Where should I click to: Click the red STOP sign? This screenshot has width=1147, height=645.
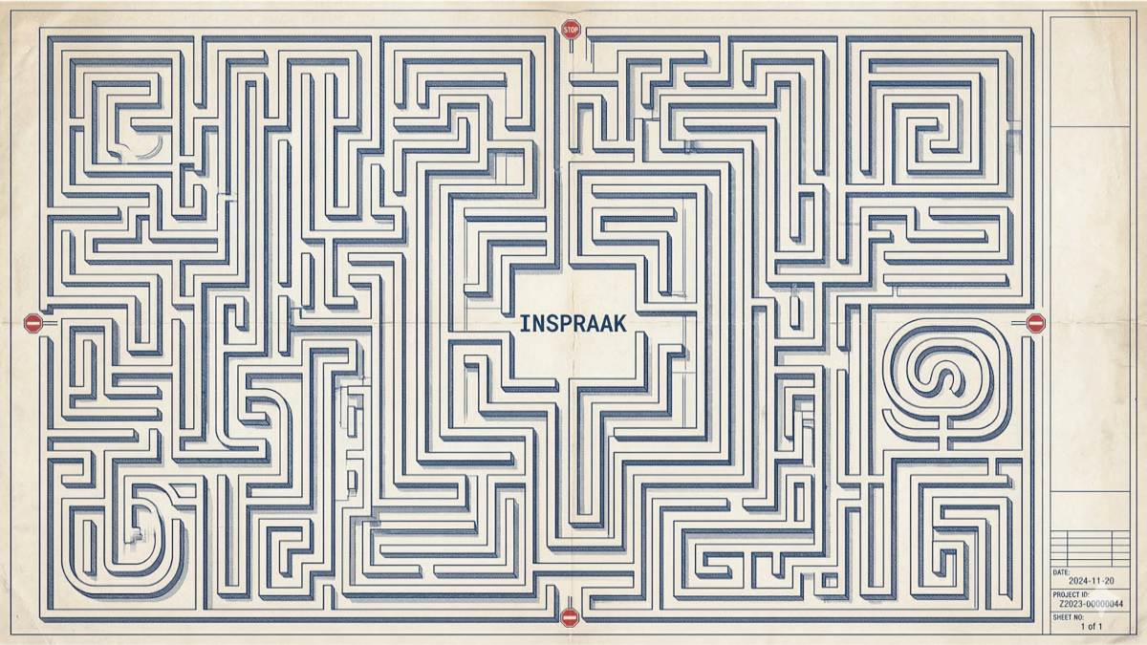(x=571, y=30)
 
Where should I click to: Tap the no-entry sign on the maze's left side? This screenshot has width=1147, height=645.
(x=33, y=323)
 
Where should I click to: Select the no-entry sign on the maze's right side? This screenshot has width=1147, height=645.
(x=1036, y=323)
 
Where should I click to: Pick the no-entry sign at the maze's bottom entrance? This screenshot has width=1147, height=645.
(x=570, y=617)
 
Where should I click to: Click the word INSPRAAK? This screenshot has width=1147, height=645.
(x=573, y=324)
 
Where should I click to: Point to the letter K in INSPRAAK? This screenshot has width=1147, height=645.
(x=619, y=324)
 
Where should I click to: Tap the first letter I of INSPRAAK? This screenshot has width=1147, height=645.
(x=523, y=324)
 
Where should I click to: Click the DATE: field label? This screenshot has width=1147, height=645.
(x=1062, y=572)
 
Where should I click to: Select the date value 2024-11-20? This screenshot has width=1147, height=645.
(x=1092, y=581)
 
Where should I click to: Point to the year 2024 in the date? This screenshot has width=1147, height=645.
(x=1078, y=581)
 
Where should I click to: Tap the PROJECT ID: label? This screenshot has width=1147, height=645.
(x=1071, y=594)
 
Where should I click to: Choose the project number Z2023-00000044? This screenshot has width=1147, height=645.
(x=1091, y=604)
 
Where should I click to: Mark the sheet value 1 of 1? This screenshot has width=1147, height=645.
(x=1092, y=626)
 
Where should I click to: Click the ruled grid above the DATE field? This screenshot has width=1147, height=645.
(x=1091, y=548)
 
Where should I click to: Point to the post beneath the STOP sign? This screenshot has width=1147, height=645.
(x=571, y=46)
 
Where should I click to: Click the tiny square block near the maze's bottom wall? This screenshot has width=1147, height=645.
(x=830, y=581)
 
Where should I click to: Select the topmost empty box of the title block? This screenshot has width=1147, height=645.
(x=1091, y=71)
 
